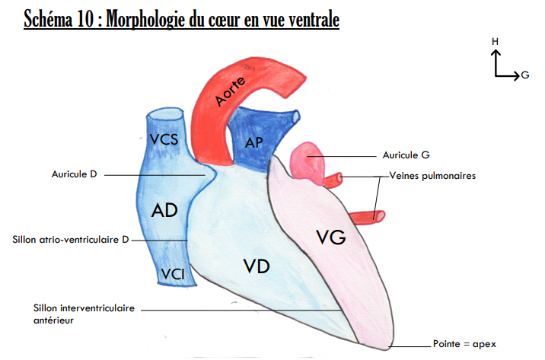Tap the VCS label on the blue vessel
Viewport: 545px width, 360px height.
[x=165, y=139]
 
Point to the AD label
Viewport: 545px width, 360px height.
[x=165, y=210]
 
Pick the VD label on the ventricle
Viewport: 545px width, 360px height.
[x=257, y=266]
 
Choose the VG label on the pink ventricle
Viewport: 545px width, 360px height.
[x=331, y=238]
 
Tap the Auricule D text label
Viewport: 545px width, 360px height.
[x=74, y=174]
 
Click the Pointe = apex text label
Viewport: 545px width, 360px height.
[x=463, y=343]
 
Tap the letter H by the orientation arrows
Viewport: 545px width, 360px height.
[x=495, y=40]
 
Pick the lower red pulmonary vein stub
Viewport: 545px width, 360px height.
[x=374, y=216]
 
